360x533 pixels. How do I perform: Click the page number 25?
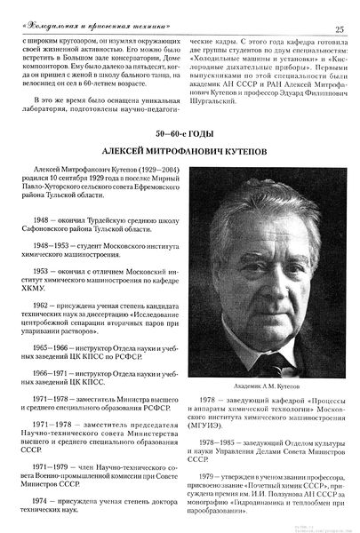340,10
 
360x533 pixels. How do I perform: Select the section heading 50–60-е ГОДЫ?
181,134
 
